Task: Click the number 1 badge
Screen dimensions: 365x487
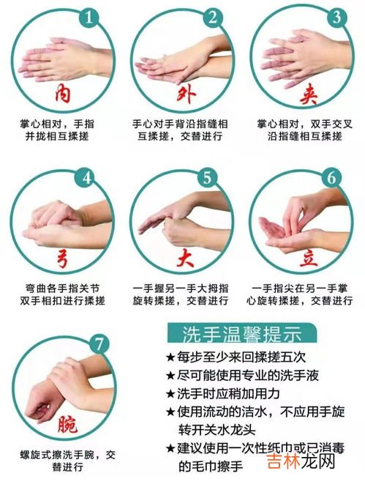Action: click(x=89, y=17)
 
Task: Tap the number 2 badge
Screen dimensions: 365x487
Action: click(x=212, y=17)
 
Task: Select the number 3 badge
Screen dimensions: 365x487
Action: click(x=336, y=17)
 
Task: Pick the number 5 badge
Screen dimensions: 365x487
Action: click(x=208, y=178)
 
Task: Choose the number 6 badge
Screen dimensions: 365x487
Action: click(x=331, y=178)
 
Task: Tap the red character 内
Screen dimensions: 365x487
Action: click(x=62, y=94)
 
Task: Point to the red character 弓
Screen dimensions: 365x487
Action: click(x=62, y=258)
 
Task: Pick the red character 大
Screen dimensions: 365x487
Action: click(x=186, y=258)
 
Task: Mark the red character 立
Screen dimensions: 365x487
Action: click(x=309, y=258)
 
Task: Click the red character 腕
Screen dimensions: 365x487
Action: click(x=67, y=424)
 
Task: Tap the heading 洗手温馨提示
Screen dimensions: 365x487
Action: click(x=241, y=333)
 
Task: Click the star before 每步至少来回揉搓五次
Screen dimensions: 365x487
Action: click(x=170, y=357)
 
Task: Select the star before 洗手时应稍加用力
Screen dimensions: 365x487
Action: click(x=170, y=394)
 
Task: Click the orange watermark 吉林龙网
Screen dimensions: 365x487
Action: click(x=301, y=461)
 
